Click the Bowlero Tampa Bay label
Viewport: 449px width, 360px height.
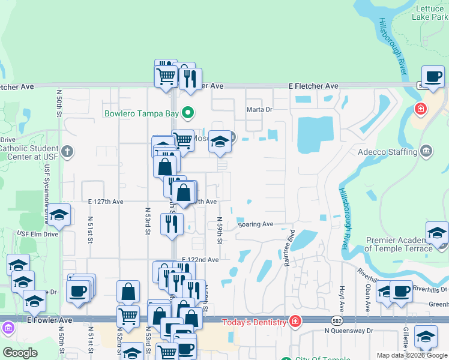tap(142, 113)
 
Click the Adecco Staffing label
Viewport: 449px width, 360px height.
tap(387, 152)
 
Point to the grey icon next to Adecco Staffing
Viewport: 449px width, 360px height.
tap(426, 149)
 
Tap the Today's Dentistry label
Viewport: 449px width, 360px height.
tap(255, 323)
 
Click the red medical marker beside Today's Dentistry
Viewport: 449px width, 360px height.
tap(295, 322)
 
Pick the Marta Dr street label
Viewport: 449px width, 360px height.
tap(259, 110)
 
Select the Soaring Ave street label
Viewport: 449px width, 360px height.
tap(256, 224)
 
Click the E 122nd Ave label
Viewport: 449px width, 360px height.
tap(200, 260)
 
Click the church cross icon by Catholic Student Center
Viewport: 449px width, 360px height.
tap(68, 151)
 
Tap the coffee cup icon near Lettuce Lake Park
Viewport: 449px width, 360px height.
tap(433, 77)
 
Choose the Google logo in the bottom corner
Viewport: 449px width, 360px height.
tap(20, 352)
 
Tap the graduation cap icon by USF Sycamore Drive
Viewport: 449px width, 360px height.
tap(59, 215)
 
